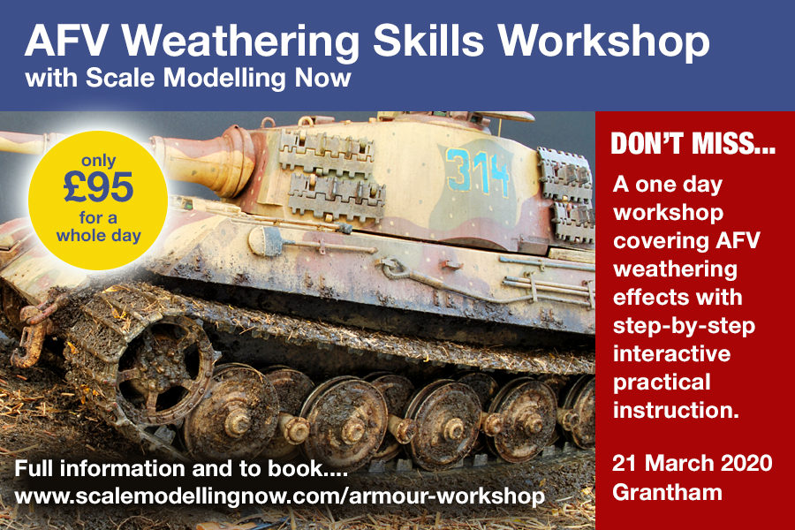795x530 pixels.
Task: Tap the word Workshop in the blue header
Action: pos(603,42)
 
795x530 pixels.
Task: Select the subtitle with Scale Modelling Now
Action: pos(188,78)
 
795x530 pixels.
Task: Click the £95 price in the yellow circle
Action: pos(98,187)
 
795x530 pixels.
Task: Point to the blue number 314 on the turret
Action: pos(477,172)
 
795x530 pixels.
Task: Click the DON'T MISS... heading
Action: pos(693,144)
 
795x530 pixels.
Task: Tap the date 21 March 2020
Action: pos(692,463)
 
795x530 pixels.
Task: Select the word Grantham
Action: pos(667,492)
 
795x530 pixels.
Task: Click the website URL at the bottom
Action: pos(280,496)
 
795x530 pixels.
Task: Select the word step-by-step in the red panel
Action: pos(684,327)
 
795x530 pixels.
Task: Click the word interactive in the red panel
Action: pos(672,353)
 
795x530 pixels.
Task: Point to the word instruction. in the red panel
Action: pos(676,410)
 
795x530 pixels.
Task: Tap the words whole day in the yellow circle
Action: pos(98,236)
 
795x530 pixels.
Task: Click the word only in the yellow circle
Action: pos(98,162)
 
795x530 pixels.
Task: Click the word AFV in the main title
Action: pos(71,41)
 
